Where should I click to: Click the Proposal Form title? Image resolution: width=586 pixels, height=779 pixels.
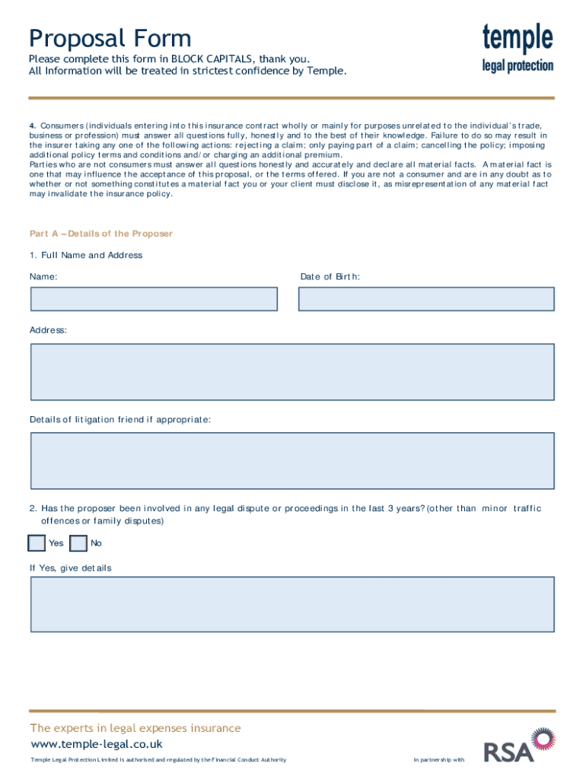(x=110, y=38)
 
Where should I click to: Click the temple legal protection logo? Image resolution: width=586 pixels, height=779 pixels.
(x=518, y=47)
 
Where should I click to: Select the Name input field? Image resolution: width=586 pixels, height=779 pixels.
(x=154, y=299)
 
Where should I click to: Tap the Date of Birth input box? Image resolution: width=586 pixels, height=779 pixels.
(x=426, y=299)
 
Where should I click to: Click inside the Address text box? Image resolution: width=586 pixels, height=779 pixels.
(x=292, y=371)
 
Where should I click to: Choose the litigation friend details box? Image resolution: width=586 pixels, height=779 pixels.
(x=292, y=461)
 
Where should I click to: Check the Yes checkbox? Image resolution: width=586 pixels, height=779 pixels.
(x=37, y=543)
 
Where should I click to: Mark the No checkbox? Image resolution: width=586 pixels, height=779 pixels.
(x=78, y=543)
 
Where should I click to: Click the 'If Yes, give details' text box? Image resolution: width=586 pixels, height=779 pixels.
(x=292, y=604)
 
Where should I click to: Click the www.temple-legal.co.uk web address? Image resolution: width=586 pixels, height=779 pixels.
(x=96, y=744)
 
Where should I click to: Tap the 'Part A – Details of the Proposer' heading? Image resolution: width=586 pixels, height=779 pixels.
(x=101, y=234)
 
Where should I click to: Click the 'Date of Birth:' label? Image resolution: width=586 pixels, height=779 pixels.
(x=330, y=277)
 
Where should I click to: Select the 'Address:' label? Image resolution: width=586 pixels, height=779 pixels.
(x=48, y=330)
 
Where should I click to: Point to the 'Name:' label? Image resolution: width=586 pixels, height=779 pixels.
(x=43, y=277)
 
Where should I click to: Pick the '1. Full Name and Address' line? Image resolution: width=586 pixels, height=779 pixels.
(x=86, y=255)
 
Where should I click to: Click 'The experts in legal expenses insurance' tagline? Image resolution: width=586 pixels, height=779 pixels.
(x=135, y=728)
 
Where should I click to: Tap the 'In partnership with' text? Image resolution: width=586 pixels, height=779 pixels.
(x=438, y=760)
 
